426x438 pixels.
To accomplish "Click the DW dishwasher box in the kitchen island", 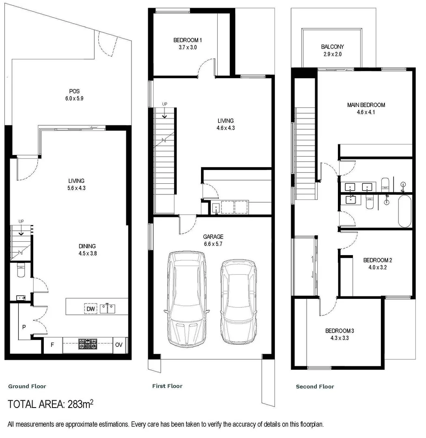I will point(91,309).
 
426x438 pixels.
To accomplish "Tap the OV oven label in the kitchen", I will point(119,345).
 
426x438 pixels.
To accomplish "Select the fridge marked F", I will point(52,345).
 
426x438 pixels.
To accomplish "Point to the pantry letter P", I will point(24,326).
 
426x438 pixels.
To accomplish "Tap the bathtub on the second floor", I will point(405,211).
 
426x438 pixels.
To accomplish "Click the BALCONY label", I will point(332,47).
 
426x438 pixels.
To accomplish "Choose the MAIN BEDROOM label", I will point(366,105).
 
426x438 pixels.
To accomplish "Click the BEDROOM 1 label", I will point(187,40).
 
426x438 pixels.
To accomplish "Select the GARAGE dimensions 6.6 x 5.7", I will point(214,244).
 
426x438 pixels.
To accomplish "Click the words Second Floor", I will point(315,386).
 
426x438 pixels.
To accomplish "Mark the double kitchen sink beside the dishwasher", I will point(108,309).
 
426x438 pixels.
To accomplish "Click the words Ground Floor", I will point(27,386).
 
